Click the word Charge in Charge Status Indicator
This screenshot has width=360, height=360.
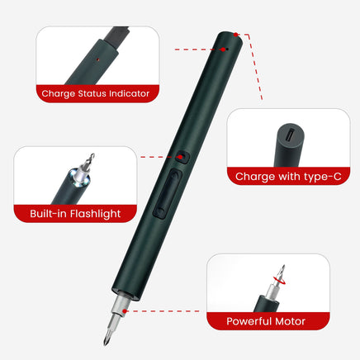59,93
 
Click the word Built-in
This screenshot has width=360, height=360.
48,214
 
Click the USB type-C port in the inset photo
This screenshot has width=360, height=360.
285,131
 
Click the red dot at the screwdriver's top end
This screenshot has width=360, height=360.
235,36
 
